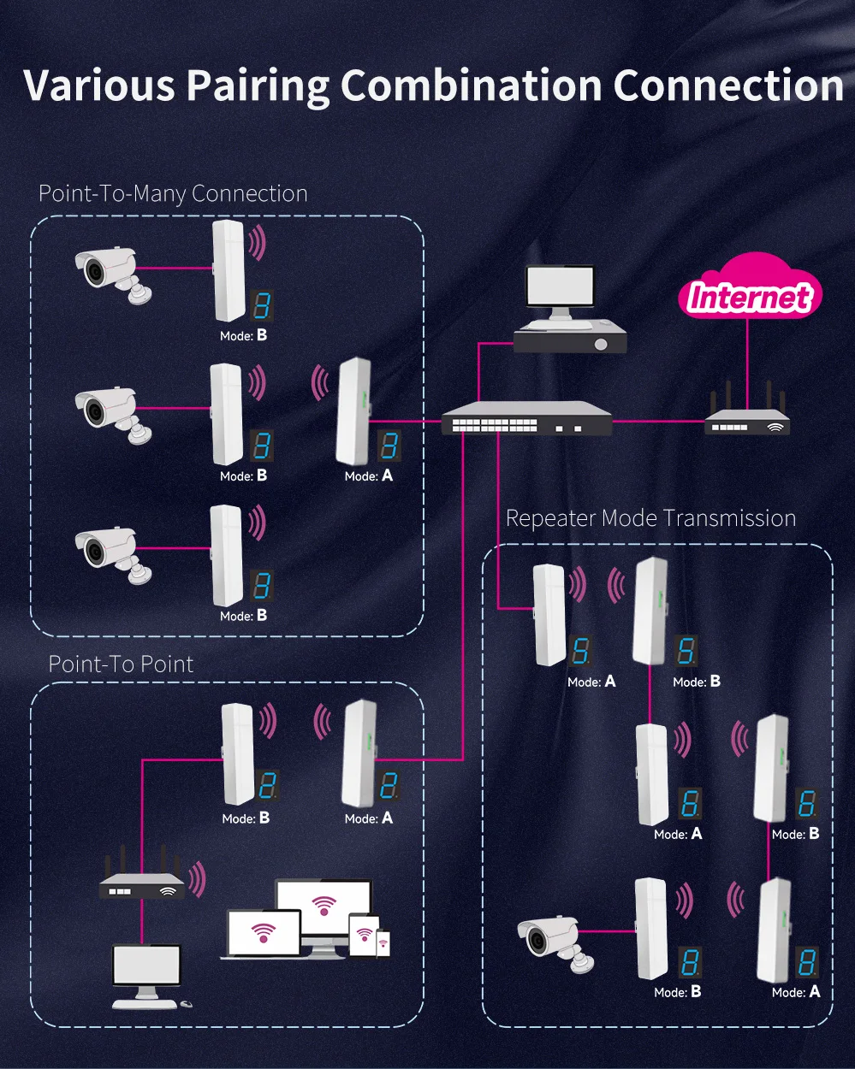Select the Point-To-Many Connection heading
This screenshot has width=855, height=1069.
pos(173,194)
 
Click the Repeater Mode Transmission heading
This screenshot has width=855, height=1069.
pos(650,518)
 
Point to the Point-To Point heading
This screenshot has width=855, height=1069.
pos(121,664)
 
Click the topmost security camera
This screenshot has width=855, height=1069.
pos(110,273)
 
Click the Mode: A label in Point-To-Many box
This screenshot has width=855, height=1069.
pos(368,475)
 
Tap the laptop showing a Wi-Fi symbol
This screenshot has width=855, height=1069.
pos(263,934)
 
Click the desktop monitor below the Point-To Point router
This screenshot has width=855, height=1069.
pos(147,968)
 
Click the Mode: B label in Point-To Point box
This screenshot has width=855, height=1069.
pos(246,818)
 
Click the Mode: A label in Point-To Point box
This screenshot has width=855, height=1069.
pos(368,818)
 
